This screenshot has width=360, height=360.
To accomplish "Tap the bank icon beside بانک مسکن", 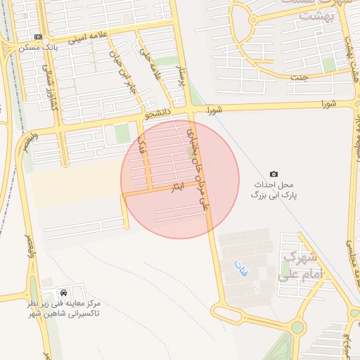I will tap(38, 37).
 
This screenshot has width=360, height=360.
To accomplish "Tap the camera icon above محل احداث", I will tap(274, 174).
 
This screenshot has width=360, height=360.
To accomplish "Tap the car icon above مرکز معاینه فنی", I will tap(64, 291).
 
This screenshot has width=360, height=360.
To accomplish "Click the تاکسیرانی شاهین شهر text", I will tap(68, 312).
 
